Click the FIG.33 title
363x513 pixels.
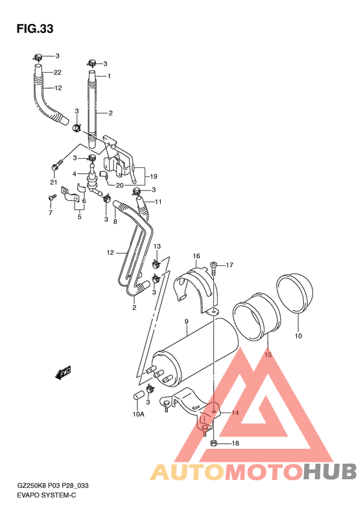[34, 29]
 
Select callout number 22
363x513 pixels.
[57, 72]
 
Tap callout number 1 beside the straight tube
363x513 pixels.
[109, 77]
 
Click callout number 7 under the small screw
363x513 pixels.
[50, 212]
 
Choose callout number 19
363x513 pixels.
[154, 176]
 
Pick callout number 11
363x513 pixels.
[158, 202]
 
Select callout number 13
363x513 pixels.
[156, 247]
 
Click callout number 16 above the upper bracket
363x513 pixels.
[195, 256]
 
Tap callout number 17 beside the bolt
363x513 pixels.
[229, 265]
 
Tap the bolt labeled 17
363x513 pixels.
[213, 266]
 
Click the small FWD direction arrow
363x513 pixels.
[65, 372]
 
